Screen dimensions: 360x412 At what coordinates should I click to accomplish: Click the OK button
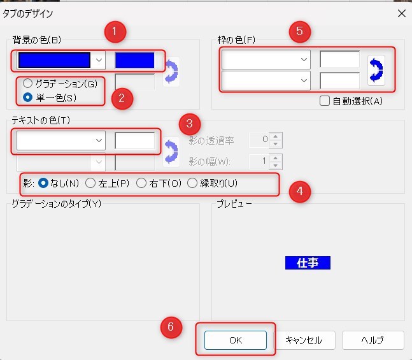(x=236, y=340)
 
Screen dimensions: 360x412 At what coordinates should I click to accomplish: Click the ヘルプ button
(x=373, y=340)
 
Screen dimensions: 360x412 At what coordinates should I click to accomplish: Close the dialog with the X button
(x=401, y=13)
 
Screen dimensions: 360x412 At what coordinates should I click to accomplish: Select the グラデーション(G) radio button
(x=27, y=83)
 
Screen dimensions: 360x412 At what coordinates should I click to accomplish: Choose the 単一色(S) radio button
(x=27, y=97)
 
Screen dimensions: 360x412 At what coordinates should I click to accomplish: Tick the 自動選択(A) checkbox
(x=325, y=100)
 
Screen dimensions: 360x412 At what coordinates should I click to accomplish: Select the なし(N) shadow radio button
(x=44, y=184)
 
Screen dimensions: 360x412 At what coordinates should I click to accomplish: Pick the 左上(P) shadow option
(x=90, y=184)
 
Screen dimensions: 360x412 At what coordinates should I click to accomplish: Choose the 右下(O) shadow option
(x=141, y=184)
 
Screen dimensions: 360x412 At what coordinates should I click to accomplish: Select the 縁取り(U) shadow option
(x=192, y=184)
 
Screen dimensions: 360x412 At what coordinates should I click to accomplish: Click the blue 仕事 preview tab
(x=308, y=263)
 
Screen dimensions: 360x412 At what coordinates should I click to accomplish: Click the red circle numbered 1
(x=115, y=30)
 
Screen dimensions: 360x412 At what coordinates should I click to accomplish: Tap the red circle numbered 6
(x=170, y=326)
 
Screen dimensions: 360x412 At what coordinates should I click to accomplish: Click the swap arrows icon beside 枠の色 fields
(x=376, y=70)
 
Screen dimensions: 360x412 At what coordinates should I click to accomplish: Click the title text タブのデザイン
(x=29, y=13)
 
